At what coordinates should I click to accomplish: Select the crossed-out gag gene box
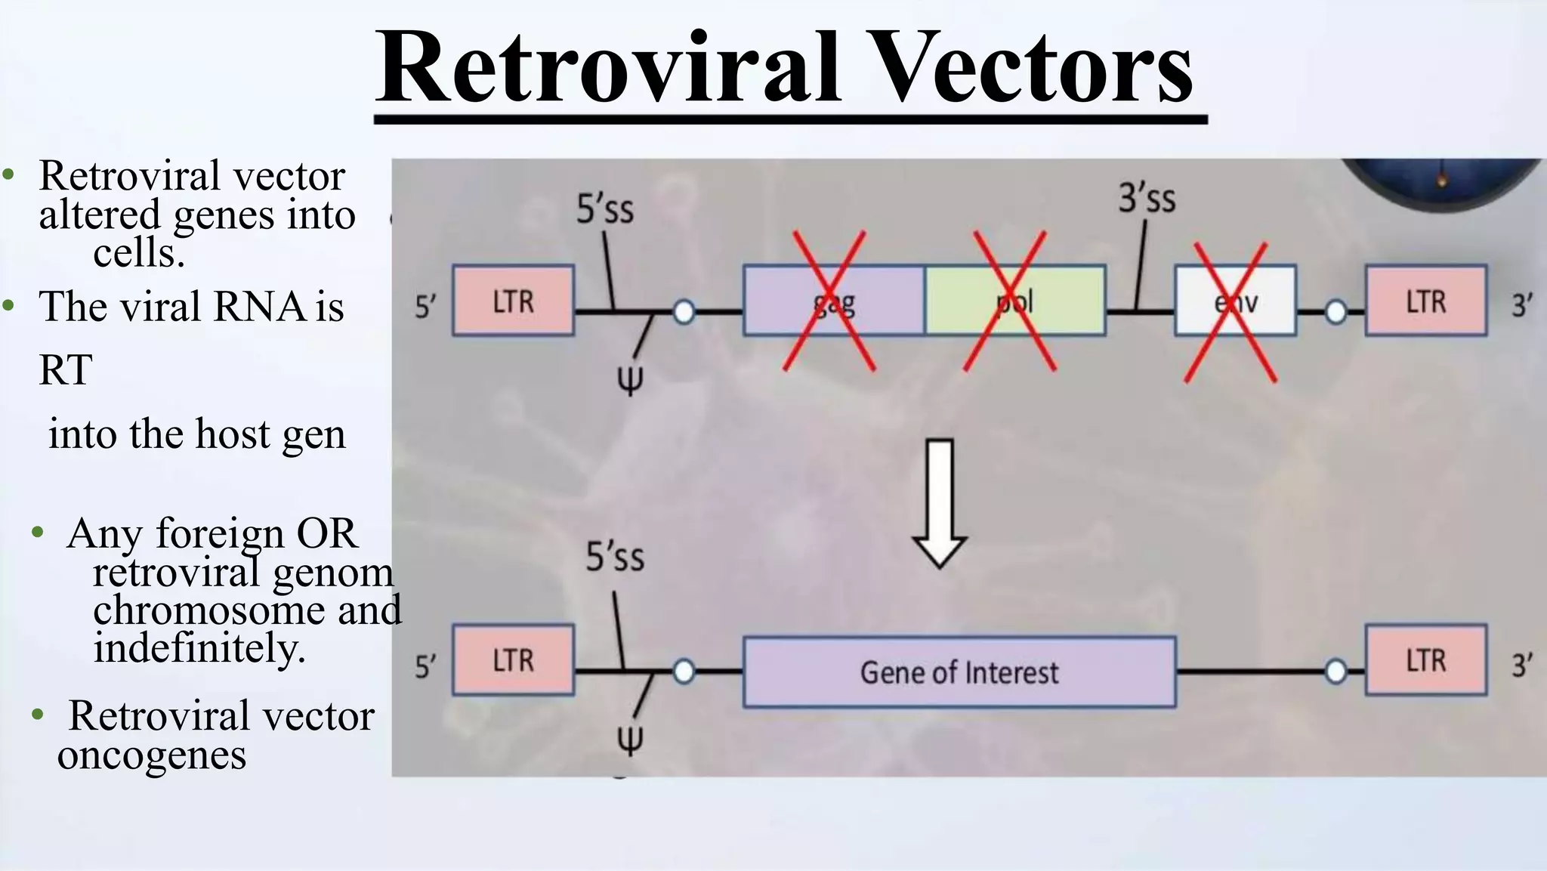click(833, 301)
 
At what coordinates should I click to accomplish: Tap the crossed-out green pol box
click(1014, 301)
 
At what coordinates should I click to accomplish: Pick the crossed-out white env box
click(1235, 301)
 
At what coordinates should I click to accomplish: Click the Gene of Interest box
click(959, 672)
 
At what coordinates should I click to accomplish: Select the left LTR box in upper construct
click(513, 301)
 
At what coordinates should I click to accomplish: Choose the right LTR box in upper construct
click(1425, 301)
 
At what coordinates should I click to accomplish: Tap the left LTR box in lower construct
click(513, 659)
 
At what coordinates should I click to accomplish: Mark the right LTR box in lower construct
click(1425, 659)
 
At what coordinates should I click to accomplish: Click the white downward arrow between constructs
click(939, 502)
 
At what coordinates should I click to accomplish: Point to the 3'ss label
click(1147, 199)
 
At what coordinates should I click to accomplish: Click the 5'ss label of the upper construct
click(605, 209)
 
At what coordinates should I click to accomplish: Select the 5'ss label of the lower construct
click(615, 558)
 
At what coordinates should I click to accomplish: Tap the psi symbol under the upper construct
click(630, 380)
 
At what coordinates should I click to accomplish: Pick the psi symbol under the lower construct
click(630, 740)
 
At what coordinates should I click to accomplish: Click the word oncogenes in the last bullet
click(152, 755)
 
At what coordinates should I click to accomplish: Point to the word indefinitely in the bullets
click(199, 648)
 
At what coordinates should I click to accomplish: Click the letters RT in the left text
click(66, 370)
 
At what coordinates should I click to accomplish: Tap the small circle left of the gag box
click(684, 311)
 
